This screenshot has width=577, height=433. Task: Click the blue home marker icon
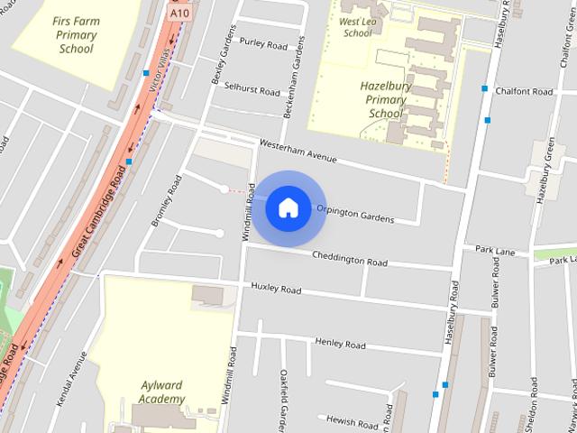(288, 207)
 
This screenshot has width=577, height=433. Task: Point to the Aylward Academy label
(163, 392)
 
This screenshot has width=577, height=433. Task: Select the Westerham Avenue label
(297, 151)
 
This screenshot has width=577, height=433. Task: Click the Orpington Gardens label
(354, 214)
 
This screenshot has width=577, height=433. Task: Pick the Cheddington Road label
(350, 259)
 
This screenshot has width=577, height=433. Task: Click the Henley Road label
(340, 344)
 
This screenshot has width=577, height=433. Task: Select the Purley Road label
(263, 44)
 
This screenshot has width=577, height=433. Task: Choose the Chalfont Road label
(530, 92)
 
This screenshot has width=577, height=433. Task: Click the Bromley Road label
(168, 196)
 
